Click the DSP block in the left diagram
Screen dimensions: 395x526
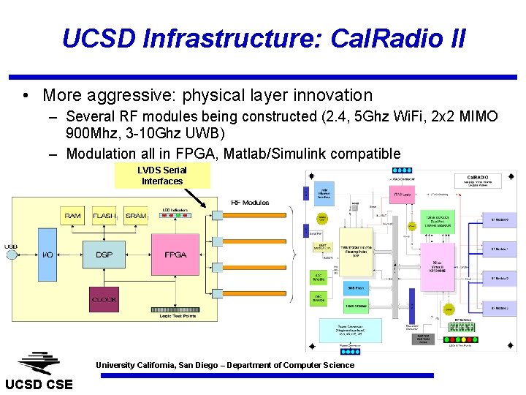(x=104, y=255)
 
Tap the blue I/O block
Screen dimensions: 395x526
(x=47, y=255)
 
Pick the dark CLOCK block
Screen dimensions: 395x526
(x=104, y=300)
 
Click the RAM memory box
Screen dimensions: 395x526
(x=73, y=216)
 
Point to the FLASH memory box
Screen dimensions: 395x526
(x=104, y=216)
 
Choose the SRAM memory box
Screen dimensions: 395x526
(x=135, y=216)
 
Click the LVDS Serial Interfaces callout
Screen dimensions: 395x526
(x=162, y=176)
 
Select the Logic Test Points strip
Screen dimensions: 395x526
(x=175, y=309)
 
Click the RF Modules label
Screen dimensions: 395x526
(x=250, y=203)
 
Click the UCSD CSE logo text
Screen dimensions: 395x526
(x=39, y=385)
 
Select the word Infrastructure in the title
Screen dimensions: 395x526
(x=191, y=38)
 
